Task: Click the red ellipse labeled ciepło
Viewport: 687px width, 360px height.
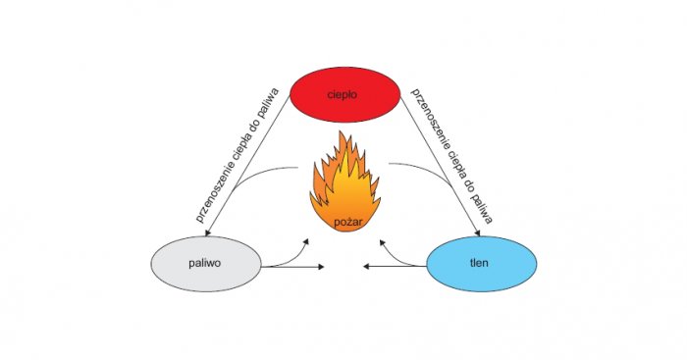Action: tap(345, 94)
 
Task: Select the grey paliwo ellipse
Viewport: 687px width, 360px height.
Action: tap(206, 264)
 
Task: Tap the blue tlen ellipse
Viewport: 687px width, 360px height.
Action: tap(482, 264)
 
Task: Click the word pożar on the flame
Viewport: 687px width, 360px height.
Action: tap(348, 223)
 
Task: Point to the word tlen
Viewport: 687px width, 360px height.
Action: tap(479, 263)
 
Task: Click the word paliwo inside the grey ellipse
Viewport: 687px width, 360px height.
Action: tap(204, 264)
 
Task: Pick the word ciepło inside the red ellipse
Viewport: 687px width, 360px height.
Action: tap(343, 94)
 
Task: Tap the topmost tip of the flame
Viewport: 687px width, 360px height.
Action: tap(345, 130)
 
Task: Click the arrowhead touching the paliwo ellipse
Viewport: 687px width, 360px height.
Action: tap(207, 232)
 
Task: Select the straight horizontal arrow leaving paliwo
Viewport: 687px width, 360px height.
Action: tap(292, 266)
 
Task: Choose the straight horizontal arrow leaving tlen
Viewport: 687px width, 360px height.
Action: tap(395, 266)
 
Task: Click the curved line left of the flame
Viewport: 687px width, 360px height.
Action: tap(261, 174)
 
